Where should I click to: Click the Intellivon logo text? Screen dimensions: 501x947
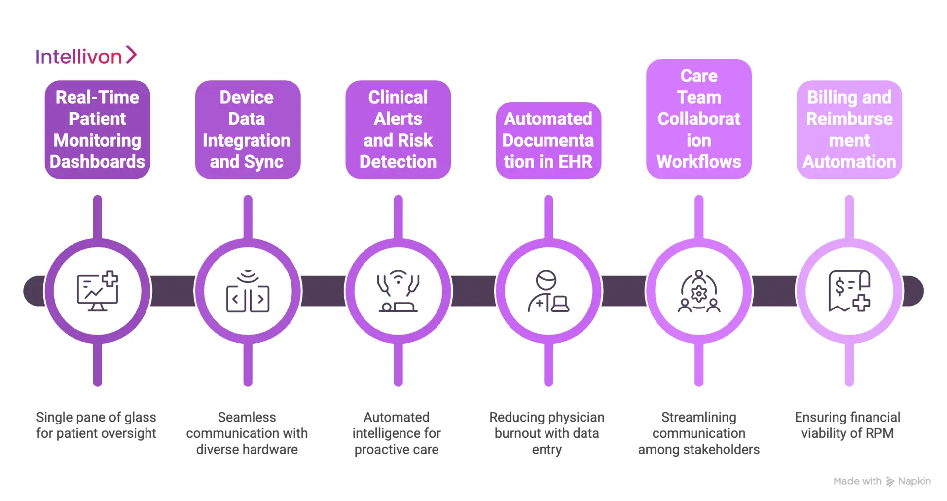[x=78, y=57]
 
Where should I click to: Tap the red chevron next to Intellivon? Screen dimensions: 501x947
[x=131, y=55]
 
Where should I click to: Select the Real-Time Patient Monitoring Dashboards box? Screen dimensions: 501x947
[x=97, y=130]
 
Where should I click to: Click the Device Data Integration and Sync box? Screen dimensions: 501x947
[x=247, y=130]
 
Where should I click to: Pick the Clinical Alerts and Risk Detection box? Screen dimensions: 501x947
[x=398, y=130]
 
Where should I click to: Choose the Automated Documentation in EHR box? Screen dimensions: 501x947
[x=548, y=141]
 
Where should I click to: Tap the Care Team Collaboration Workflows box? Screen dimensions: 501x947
[x=698, y=119]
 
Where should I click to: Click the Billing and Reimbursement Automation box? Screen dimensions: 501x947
[x=849, y=130]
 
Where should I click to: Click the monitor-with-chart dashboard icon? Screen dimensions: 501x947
[x=97, y=291]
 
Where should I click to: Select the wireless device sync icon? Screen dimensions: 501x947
[x=248, y=291]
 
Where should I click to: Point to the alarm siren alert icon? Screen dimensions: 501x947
[x=398, y=291]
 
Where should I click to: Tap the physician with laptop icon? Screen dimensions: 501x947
[x=548, y=291]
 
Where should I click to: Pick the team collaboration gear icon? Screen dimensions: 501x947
[x=698, y=291]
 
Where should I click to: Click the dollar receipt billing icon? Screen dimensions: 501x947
[x=849, y=291]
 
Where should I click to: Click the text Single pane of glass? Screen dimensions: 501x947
[x=96, y=418]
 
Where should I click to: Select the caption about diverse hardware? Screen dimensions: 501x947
[x=247, y=433]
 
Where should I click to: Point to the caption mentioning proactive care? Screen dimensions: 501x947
[x=397, y=433]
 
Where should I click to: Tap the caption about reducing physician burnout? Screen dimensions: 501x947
[x=546, y=433]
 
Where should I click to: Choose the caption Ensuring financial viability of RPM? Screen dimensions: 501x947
[x=847, y=425]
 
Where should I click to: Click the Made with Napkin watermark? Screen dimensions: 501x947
[x=881, y=481]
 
